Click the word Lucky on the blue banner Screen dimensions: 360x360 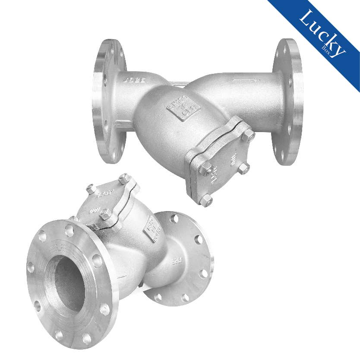tap(322, 32)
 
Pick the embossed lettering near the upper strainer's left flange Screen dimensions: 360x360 tap(133, 80)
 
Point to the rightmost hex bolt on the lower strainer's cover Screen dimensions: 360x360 tap(123, 179)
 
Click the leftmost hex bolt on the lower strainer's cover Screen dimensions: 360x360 tap(90, 188)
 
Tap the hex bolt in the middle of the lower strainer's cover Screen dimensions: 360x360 tap(104, 212)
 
